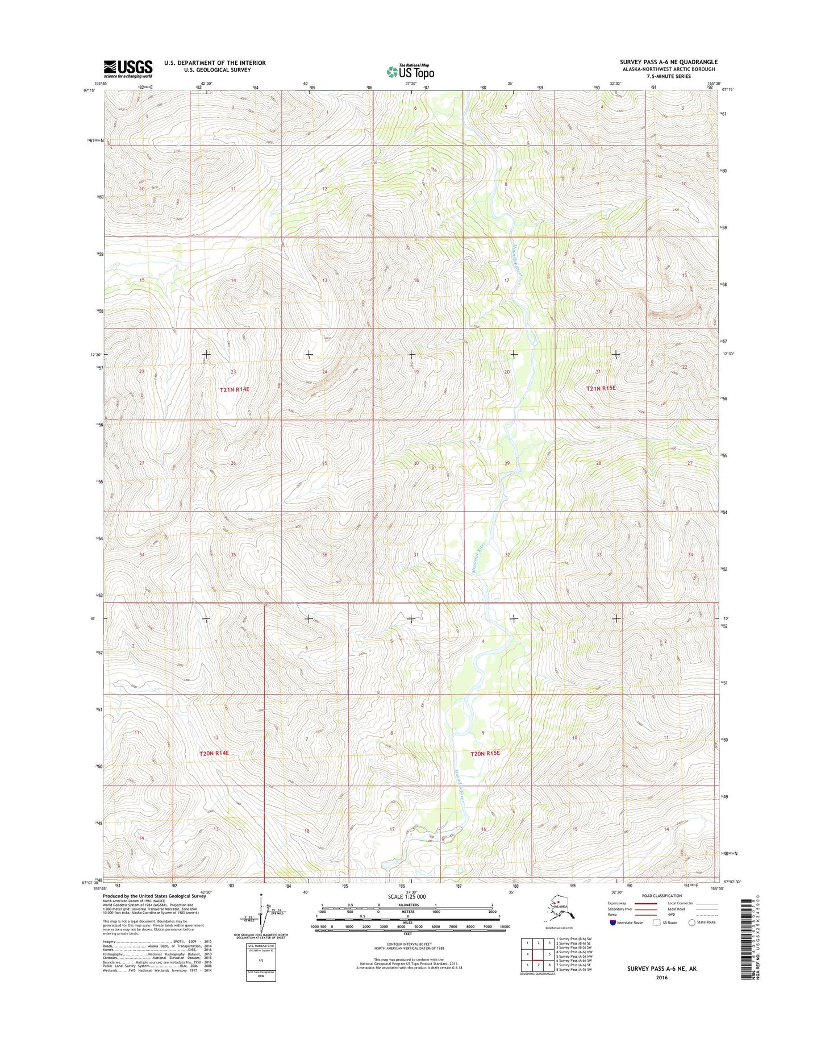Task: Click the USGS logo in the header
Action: pyautogui.click(x=128, y=68)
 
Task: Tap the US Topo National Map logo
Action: pyautogui.click(x=410, y=71)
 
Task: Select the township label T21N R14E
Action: pyautogui.click(x=235, y=389)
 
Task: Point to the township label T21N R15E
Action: pyautogui.click(x=601, y=388)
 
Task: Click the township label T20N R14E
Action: pyautogui.click(x=214, y=753)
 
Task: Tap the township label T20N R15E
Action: pyautogui.click(x=485, y=753)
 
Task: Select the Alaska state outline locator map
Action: pyautogui.click(x=559, y=912)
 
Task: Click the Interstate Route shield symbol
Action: pyautogui.click(x=612, y=923)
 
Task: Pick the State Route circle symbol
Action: pyautogui.click(x=691, y=923)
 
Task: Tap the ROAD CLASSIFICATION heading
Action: pyautogui.click(x=662, y=896)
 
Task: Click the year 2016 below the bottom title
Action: pyautogui.click(x=661, y=978)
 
